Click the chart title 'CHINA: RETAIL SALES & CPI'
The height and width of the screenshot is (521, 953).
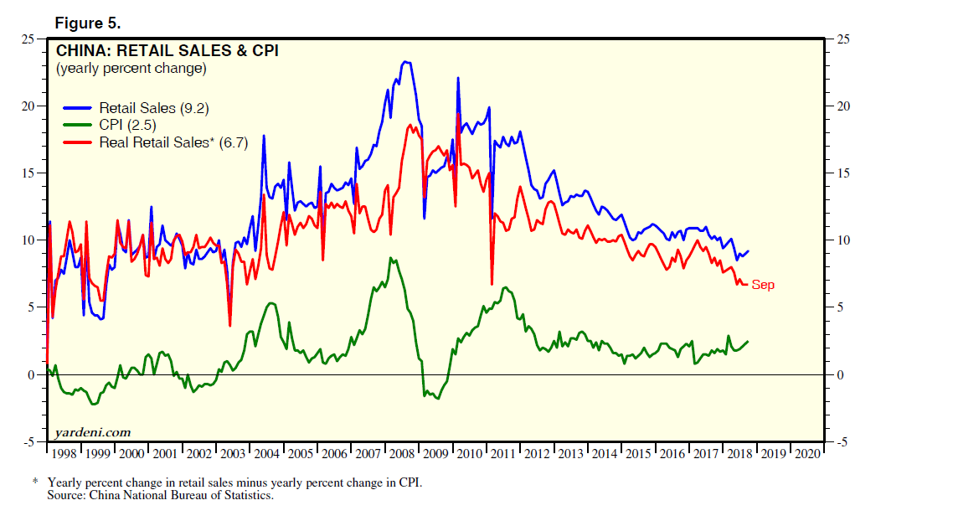[167, 51]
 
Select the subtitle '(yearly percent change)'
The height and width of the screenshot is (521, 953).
[131, 69]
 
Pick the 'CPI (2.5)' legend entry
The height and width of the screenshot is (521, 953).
[126, 125]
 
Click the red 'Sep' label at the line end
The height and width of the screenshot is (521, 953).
[763, 285]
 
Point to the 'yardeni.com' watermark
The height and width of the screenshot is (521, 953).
[92, 432]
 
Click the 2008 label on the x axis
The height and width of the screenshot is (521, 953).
[402, 453]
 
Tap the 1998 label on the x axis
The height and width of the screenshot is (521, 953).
[64, 453]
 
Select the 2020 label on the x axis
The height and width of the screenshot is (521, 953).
[806, 453]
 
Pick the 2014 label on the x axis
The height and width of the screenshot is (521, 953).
[604, 453]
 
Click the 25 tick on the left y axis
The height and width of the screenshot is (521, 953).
[28, 39]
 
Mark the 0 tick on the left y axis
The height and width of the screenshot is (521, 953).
[31, 374]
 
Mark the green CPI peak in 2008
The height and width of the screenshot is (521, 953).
[391, 259]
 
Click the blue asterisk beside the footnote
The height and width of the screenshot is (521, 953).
[35, 482]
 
